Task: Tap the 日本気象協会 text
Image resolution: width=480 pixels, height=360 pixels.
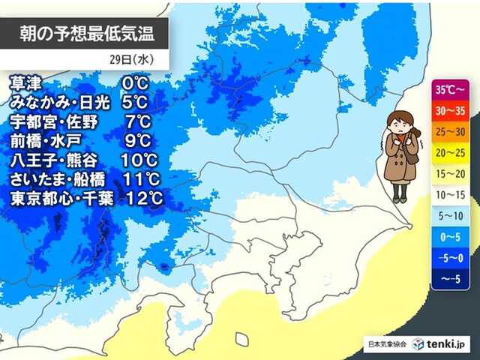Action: coord(386,344)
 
